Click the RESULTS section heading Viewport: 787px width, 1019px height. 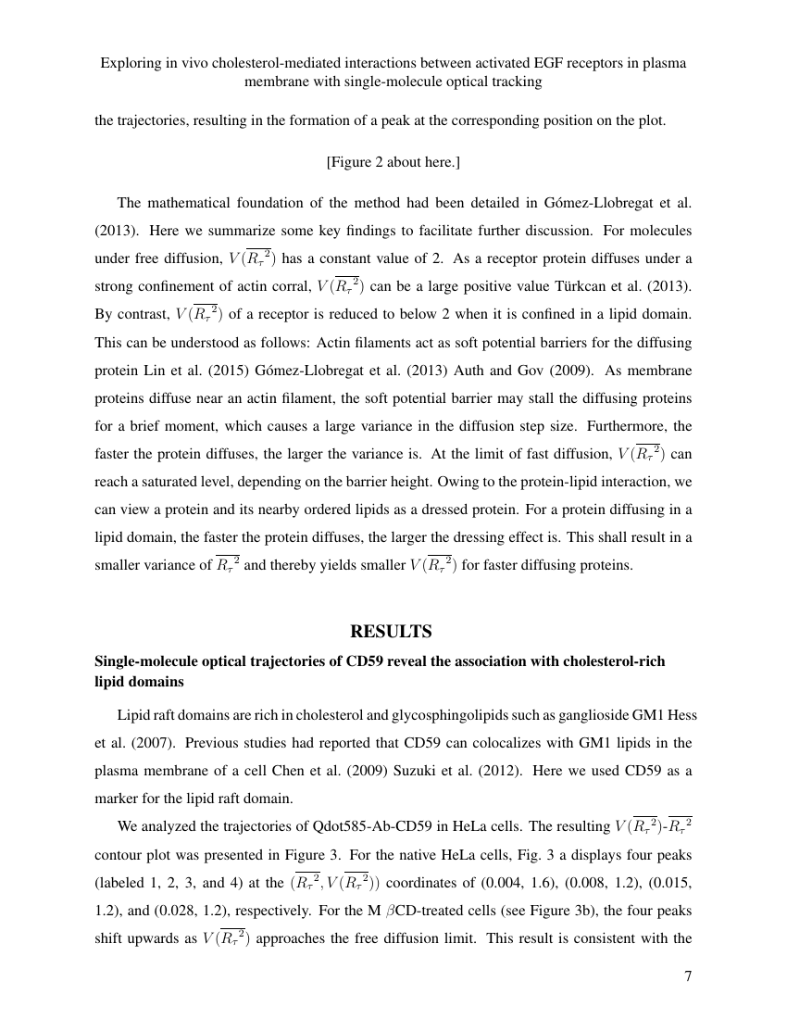[x=391, y=632]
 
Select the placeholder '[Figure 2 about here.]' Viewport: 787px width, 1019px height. [x=393, y=162]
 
